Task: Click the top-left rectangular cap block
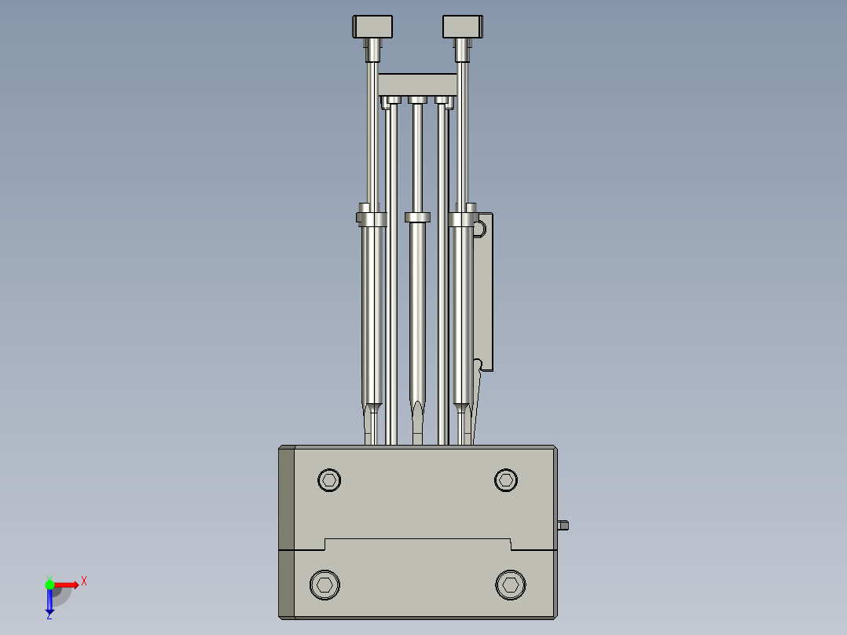(x=372, y=27)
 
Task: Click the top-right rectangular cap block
(x=462, y=27)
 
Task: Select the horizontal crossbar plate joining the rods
(x=417, y=84)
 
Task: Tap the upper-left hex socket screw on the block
(x=329, y=479)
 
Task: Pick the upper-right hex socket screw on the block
(x=506, y=479)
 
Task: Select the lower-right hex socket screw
(x=510, y=584)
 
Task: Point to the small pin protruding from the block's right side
(x=563, y=525)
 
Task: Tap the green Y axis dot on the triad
(x=49, y=583)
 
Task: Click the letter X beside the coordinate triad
(x=84, y=582)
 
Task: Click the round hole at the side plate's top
(x=479, y=229)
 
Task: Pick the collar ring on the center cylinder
(x=418, y=217)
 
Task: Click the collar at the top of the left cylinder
(x=372, y=217)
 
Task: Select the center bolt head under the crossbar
(x=417, y=100)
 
